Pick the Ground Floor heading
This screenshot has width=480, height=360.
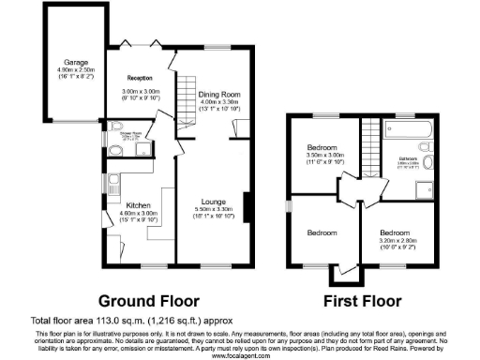pos(149,302)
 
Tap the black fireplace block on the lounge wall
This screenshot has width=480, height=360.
pos(247,204)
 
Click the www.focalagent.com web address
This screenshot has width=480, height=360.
pos(239,355)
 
